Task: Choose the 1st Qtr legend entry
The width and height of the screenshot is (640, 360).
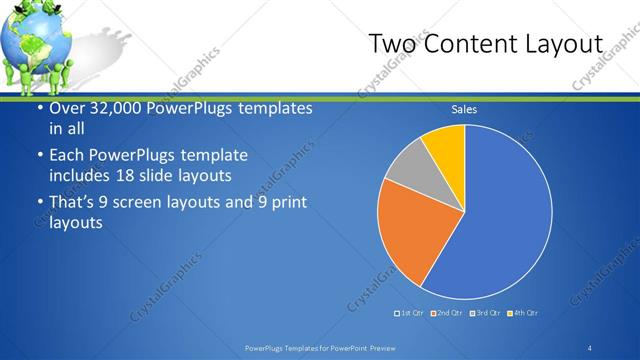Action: [x=411, y=313]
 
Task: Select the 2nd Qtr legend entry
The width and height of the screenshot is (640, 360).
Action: [x=449, y=313]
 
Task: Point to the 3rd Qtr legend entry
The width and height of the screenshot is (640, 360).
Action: [x=487, y=313]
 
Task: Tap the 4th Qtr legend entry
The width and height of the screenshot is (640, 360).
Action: [x=523, y=313]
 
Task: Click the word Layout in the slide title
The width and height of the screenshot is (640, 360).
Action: [x=566, y=45]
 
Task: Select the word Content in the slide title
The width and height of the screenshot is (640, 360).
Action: [x=469, y=45]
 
